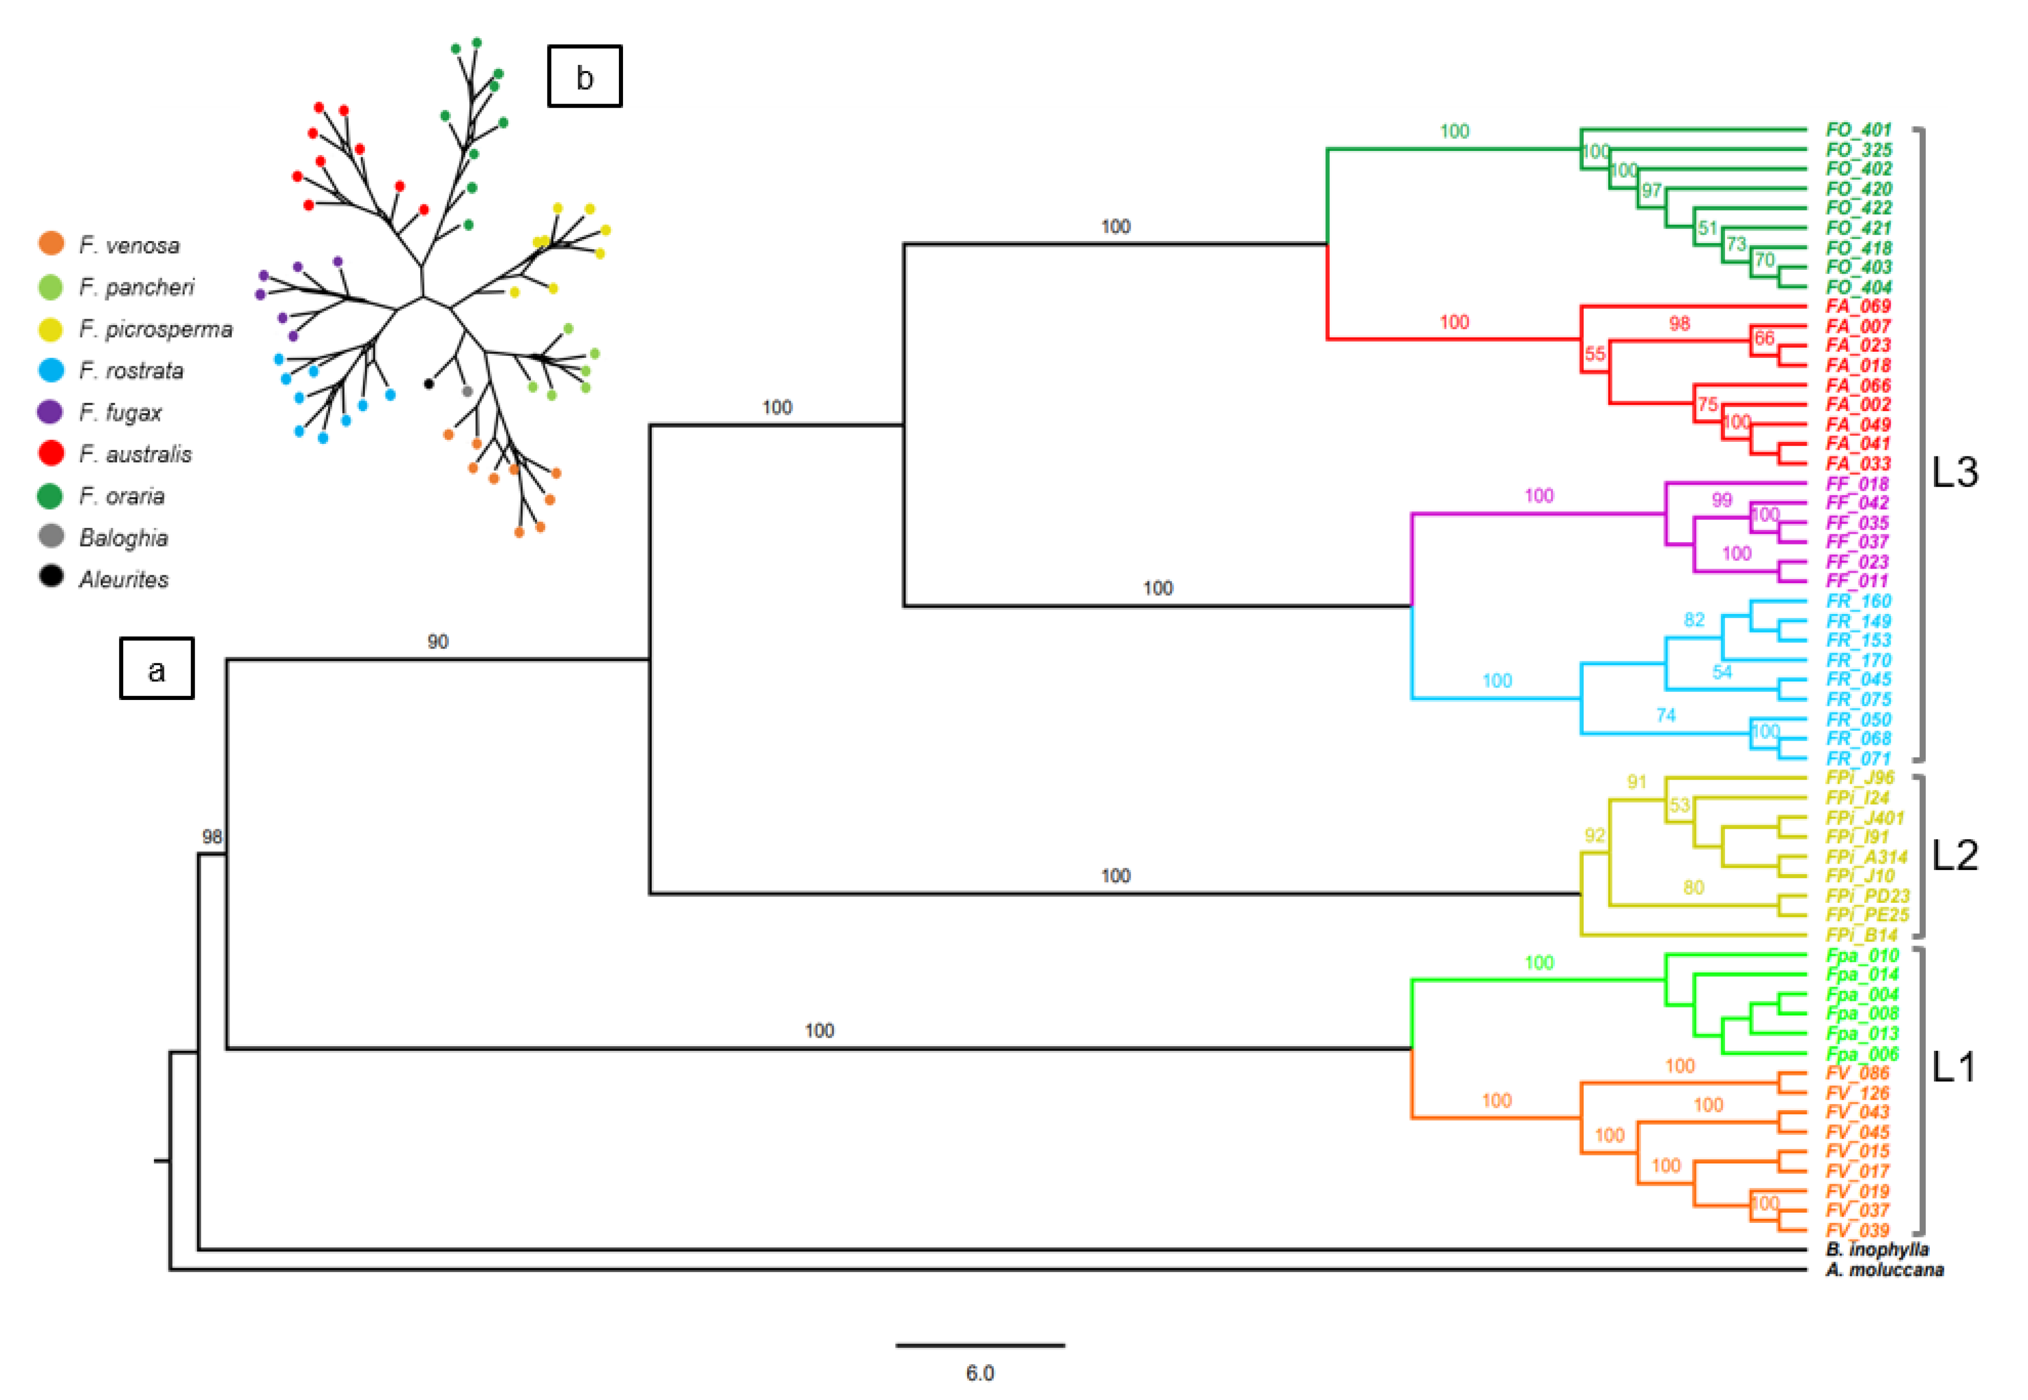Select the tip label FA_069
[1858, 306]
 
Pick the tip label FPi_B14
[1861, 935]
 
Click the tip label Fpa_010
[1861, 955]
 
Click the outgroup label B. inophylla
[1877, 1249]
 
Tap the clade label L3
[1955, 473]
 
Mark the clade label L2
[1955, 855]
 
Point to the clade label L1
[1954, 1067]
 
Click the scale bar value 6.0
[980, 1373]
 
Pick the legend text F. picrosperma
[155, 329]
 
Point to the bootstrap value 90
[438, 641]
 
